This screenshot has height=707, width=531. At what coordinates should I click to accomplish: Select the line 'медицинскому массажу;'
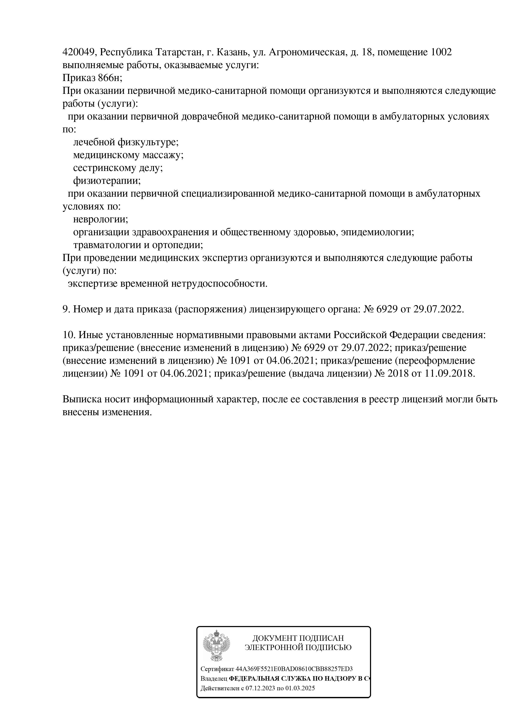click(128, 155)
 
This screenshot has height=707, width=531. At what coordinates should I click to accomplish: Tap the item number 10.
click(68, 335)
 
